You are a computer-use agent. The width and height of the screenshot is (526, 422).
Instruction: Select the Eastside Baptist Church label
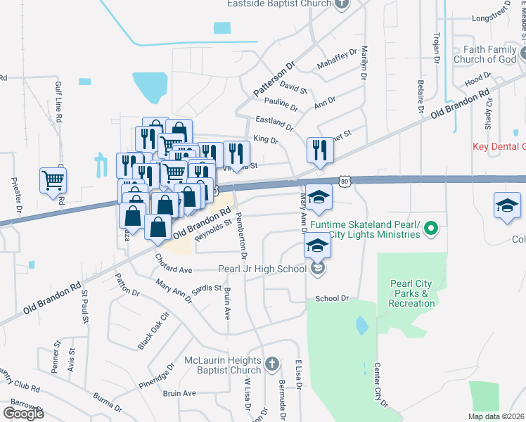point(278,4)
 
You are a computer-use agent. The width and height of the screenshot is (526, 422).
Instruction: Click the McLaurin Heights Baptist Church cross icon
point(270,366)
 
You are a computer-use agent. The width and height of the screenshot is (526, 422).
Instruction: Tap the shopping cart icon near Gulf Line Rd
point(53,181)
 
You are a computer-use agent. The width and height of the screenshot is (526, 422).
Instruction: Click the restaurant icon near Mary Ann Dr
point(319,150)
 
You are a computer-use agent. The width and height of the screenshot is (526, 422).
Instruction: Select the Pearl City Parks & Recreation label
point(412,293)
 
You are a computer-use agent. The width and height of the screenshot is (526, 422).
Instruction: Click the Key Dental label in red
point(499,146)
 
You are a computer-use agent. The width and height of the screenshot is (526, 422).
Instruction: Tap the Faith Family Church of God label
point(491,55)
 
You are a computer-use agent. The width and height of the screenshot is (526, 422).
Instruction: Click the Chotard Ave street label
point(173,270)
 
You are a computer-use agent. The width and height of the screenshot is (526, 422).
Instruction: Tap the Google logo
point(23,414)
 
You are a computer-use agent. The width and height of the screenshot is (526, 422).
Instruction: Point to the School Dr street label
point(332,298)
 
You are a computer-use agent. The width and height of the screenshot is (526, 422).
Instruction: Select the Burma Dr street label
point(108,403)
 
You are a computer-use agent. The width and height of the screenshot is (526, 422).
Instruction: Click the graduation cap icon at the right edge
point(506,205)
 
